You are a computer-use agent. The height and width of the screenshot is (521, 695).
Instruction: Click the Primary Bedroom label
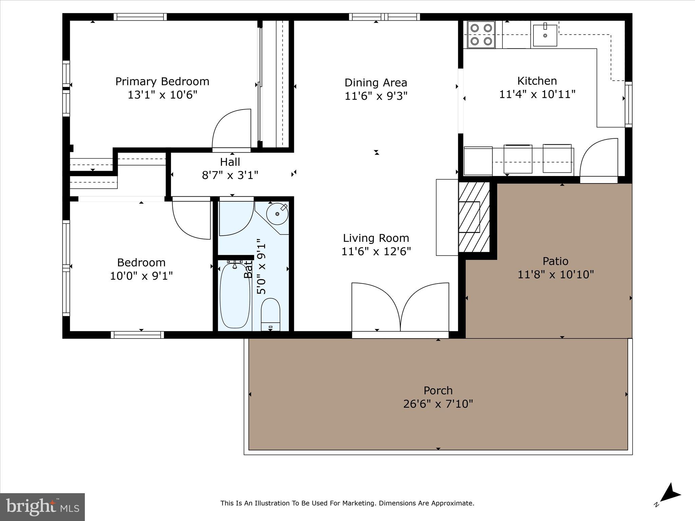(162, 81)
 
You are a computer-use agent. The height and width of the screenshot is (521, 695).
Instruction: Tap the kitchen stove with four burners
(481, 35)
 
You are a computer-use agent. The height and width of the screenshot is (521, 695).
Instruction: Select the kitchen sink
(545, 35)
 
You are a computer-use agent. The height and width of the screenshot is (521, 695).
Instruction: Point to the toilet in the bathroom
(270, 314)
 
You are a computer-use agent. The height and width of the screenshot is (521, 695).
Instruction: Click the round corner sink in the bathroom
(277, 214)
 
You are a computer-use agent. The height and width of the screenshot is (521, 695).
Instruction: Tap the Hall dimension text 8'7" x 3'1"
(230, 175)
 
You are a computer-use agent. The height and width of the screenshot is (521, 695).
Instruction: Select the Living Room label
(376, 238)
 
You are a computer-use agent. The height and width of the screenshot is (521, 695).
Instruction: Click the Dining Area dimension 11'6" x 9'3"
(376, 96)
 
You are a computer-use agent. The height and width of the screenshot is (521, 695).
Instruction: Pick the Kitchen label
(537, 81)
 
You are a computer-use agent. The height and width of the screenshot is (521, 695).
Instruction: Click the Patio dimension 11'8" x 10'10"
(555, 274)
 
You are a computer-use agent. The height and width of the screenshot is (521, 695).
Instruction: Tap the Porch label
(438, 390)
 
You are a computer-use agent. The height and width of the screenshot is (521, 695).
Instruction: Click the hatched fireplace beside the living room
(474, 217)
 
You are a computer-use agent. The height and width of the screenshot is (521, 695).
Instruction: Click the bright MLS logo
(42, 507)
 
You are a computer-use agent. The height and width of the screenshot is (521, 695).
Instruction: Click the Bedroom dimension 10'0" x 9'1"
(141, 276)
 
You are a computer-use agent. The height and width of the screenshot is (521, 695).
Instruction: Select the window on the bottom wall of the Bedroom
(137, 335)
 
